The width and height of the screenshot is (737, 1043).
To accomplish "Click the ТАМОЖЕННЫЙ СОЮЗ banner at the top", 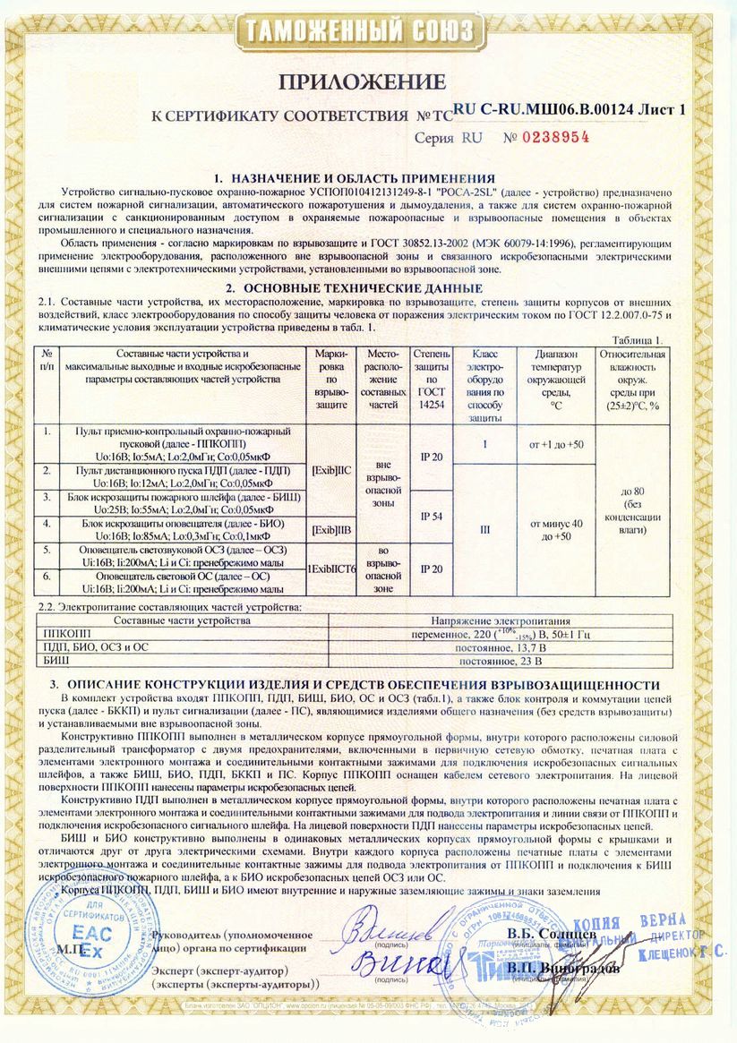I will [x=362, y=31].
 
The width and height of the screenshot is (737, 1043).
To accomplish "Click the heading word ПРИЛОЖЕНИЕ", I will [x=362, y=82].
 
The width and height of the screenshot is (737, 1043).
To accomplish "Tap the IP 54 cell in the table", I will [x=431, y=516].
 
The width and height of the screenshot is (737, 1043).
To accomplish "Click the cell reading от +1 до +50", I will [x=556, y=444].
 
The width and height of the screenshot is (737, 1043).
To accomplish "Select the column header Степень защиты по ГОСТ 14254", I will [x=431, y=380].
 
